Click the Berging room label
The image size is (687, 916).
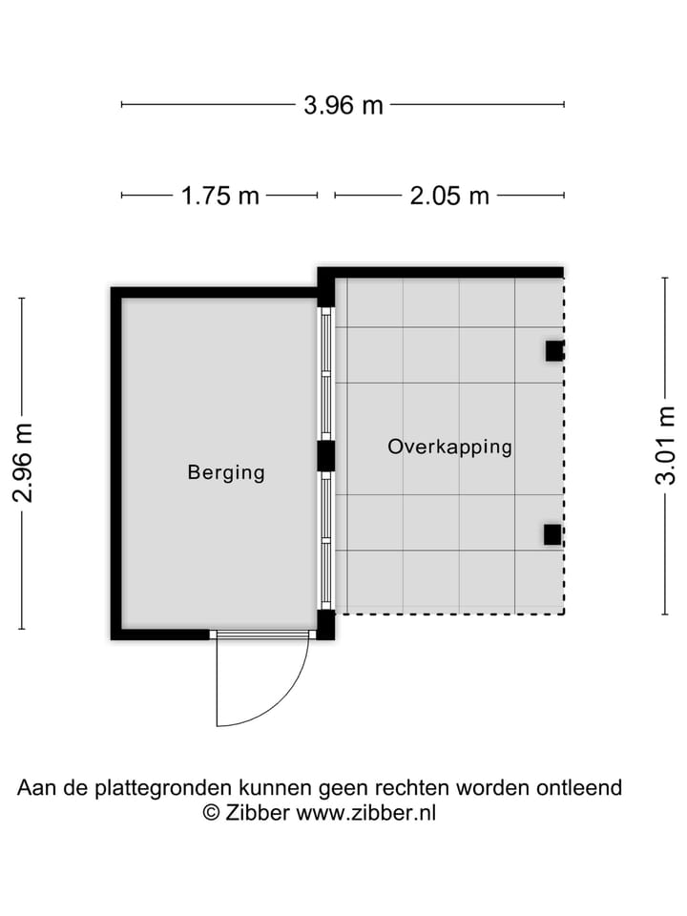point(226,471)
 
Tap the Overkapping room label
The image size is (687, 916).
point(449,446)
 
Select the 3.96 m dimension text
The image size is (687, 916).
point(343,105)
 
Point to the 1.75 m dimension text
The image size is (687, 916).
point(220,196)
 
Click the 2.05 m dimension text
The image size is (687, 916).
point(449,196)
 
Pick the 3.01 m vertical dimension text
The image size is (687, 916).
point(665,446)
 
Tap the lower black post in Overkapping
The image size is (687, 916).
point(552,534)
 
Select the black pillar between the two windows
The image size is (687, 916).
point(326,455)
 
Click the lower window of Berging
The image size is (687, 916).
point(326,540)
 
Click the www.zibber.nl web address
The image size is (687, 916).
point(366,812)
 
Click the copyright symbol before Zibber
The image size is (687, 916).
point(211,812)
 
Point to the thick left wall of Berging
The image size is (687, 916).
point(116,463)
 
